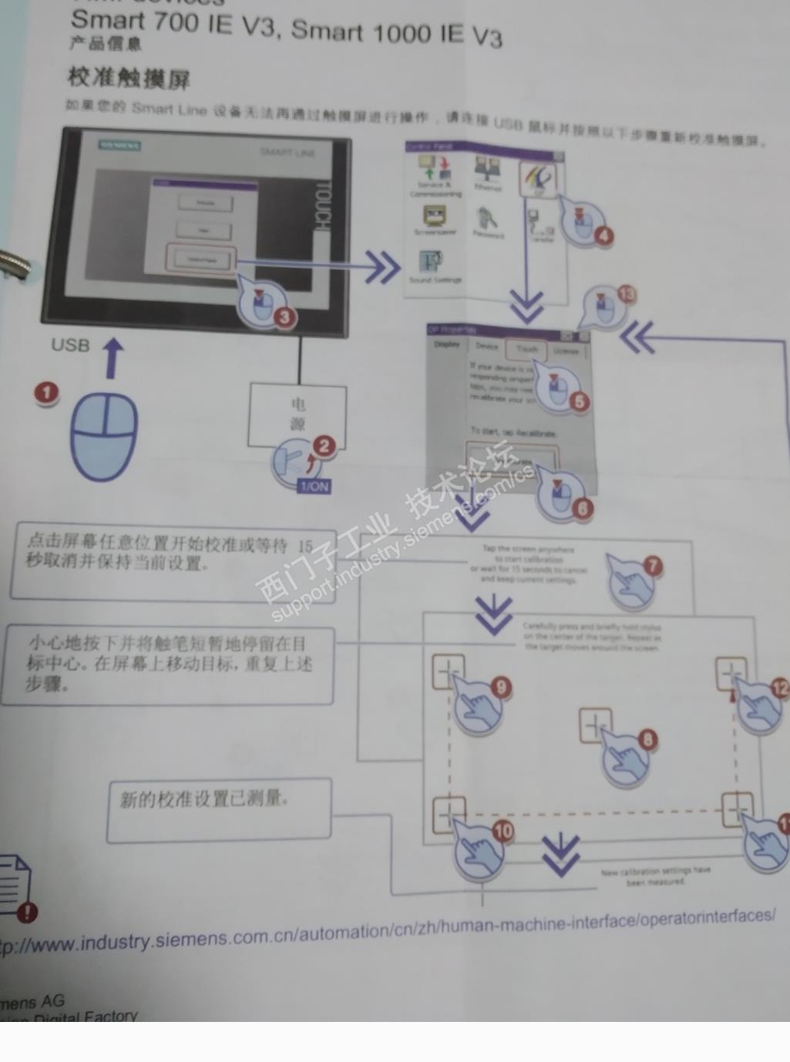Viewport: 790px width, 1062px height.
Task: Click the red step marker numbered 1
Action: [x=46, y=393]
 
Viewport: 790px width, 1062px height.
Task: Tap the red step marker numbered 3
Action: [x=284, y=317]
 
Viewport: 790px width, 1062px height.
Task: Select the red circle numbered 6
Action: [x=582, y=508]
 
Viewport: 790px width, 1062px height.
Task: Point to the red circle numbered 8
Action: [x=647, y=739]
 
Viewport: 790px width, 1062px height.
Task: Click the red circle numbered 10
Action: [x=503, y=830]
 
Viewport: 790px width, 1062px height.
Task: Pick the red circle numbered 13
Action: [x=626, y=294]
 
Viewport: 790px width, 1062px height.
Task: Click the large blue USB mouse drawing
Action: [x=104, y=436]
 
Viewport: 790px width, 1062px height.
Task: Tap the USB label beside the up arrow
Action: [x=70, y=345]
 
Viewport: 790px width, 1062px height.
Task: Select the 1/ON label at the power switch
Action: [x=314, y=486]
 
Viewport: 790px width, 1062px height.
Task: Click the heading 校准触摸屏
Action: [x=129, y=78]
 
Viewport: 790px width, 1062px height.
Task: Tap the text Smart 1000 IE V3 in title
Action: [x=396, y=33]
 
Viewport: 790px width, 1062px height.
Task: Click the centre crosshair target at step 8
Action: [x=594, y=725]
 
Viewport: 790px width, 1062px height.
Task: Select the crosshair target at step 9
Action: [x=448, y=672]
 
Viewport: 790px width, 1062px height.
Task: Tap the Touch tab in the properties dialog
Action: [x=527, y=349]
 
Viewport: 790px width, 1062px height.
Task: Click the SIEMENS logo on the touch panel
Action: [x=120, y=145]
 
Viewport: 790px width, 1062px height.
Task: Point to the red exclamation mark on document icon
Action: [x=27, y=913]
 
